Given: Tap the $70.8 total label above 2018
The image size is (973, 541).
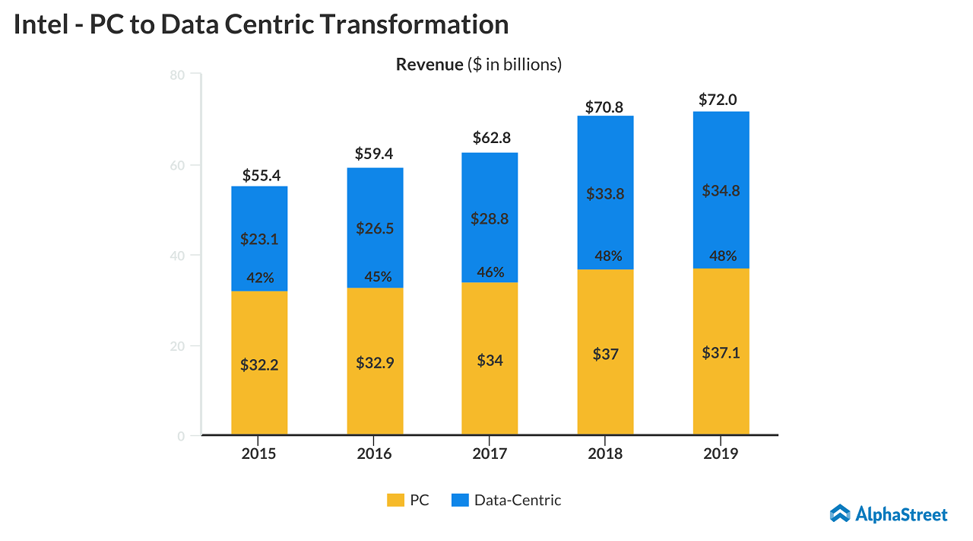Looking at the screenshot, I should click(604, 107).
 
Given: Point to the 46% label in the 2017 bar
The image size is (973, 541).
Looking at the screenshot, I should click(490, 272).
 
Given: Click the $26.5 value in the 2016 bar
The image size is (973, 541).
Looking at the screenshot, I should click(375, 228).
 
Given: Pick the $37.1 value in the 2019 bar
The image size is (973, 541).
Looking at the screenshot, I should click(721, 353).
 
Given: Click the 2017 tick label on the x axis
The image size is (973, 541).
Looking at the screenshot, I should click(490, 454).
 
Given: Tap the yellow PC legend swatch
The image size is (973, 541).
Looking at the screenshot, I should click(395, 501).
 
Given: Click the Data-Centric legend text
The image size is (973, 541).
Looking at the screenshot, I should click(518, 501).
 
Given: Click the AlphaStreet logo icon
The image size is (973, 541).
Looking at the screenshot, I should click(839, 514).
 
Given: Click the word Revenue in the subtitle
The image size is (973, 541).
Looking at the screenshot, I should click(429, 65).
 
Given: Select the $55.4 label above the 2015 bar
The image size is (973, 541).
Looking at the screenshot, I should click(261, 175).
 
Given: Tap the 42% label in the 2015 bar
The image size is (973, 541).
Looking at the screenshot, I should click(260, 278).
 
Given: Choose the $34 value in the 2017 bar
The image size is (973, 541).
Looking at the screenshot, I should click(490, 361).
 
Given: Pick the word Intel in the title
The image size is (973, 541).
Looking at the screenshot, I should click(40, 24).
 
